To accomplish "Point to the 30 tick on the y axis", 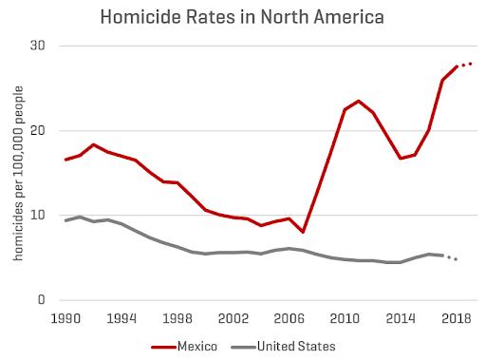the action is point(38,46).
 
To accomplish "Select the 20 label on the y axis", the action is point(38,130).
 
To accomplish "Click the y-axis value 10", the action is point(38,215).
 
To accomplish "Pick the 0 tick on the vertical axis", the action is point(42,299).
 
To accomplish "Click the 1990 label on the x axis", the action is point(65,318).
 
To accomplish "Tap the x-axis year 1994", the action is point(121,318).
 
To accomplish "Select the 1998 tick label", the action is point(178,318).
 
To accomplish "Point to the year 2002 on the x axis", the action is point(234,318).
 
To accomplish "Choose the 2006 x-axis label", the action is point(289,318).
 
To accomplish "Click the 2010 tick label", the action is point(345,318).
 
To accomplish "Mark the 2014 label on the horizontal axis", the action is point(401,318).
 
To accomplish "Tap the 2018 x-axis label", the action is point(457,318).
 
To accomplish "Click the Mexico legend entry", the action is point(184,347).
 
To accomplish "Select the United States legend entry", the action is point(283,347).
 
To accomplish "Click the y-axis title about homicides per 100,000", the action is point(18,173).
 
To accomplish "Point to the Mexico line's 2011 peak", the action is point(359,102).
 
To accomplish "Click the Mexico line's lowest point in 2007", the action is point(303,232).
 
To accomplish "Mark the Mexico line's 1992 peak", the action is point(93,144).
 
